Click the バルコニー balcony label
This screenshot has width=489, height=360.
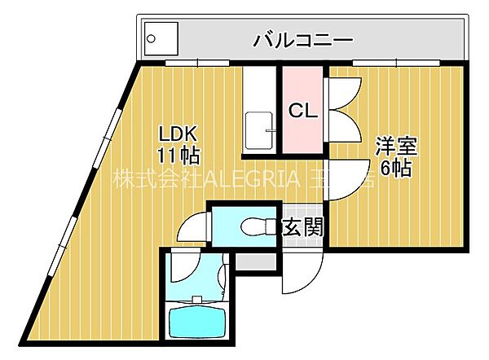pyautogui.click(x=302, y=39)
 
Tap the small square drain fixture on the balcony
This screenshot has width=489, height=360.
pyautogui.click(x=155, y=37)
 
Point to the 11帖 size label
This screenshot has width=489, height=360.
pyautogui.click(x=178, y=153)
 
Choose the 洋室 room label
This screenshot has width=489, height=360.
pyautogui.click(x=395, y=147)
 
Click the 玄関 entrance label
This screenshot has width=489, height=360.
pyautogui.click(x=303, y=226)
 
